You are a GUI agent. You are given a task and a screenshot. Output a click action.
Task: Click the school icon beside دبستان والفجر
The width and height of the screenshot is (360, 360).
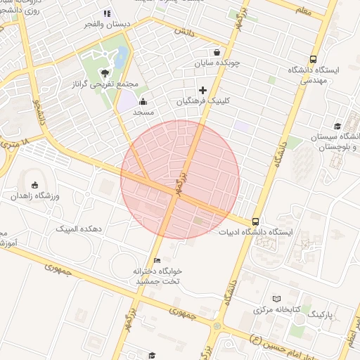(107, 13)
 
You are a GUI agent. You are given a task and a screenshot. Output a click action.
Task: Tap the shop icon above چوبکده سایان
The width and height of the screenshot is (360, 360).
(217, 51)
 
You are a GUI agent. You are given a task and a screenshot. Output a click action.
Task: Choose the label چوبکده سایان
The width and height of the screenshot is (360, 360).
(217, 63)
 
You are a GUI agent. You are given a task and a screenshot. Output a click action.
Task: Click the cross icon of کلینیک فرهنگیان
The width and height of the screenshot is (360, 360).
(203, 89)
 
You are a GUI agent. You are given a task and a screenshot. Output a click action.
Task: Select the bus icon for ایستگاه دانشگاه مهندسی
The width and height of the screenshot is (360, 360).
(312, 60)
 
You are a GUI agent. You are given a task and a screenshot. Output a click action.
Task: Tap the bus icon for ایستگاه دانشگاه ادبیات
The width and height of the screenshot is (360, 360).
(255, 220)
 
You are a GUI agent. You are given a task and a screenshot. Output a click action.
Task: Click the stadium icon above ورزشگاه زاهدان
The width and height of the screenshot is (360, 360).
(35, 184)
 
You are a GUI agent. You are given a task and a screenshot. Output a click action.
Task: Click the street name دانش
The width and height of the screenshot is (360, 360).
(185, 32)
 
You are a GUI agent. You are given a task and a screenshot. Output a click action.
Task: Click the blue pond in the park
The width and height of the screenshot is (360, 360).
(121, 54)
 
